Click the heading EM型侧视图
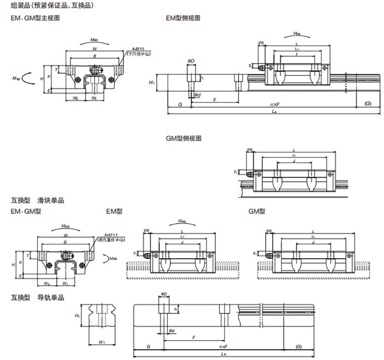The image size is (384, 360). tap(183, 18)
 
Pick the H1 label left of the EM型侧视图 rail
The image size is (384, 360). tap(152, 83)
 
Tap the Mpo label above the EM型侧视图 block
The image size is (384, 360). tap(297, 34)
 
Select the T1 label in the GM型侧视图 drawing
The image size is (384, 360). tap(236, 172)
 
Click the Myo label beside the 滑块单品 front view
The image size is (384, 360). tap(113, 258)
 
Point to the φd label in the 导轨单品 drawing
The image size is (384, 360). tap(172, 331)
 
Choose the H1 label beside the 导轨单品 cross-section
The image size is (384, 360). tap(77, 316)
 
